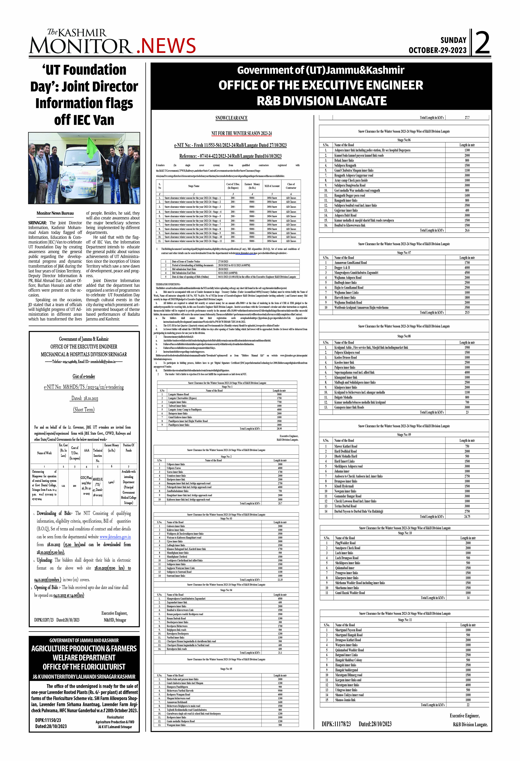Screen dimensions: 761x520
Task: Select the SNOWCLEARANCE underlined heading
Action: [x=231, y=118]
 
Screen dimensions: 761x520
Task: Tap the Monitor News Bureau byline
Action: [x=55, y=213]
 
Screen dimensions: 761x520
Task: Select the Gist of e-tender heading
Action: [x=84, y=376]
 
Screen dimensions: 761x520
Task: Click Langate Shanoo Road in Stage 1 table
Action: [x=179, y=394]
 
